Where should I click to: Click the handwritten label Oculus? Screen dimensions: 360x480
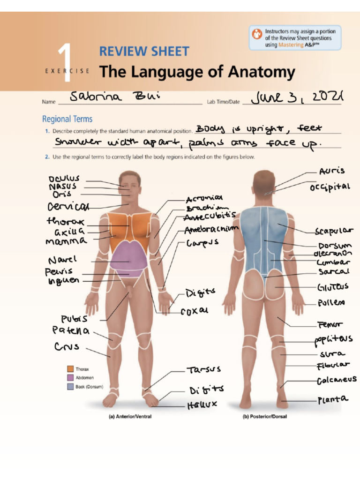(64, 179)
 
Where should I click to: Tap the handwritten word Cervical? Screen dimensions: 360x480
(67, 207)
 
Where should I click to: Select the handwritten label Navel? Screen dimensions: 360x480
(62, 260)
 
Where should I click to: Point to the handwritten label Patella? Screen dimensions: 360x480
(70, 331)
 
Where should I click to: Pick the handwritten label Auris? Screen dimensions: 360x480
(331, 171)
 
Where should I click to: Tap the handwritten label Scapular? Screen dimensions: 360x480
(334, 232)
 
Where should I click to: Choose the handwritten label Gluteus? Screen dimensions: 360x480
(332, 287)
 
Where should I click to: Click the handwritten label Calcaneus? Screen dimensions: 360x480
(336, 380)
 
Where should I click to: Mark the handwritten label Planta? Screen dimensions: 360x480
(333, 400)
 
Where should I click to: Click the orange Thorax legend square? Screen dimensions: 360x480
(70, 369)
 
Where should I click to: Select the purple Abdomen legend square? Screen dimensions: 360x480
(70, 378)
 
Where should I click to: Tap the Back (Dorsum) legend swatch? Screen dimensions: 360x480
(70, 387)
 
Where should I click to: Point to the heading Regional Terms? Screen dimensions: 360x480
(67, 119)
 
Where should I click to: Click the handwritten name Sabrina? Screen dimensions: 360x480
(96, 97)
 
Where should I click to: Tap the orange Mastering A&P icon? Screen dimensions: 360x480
(257, 34)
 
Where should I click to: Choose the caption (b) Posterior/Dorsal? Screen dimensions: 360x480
(264, 416)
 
